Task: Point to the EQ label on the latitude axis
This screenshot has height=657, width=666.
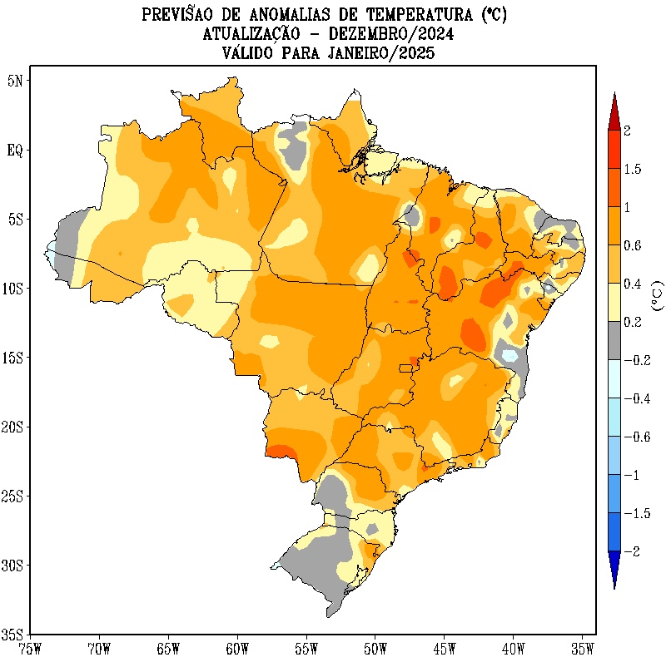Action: point(15,151)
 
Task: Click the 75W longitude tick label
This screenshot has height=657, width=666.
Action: point(30,646)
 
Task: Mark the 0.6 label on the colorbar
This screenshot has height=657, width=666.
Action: point(633,245)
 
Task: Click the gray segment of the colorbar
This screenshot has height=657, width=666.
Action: point(614,340)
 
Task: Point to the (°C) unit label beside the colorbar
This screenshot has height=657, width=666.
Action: point(658,296)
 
